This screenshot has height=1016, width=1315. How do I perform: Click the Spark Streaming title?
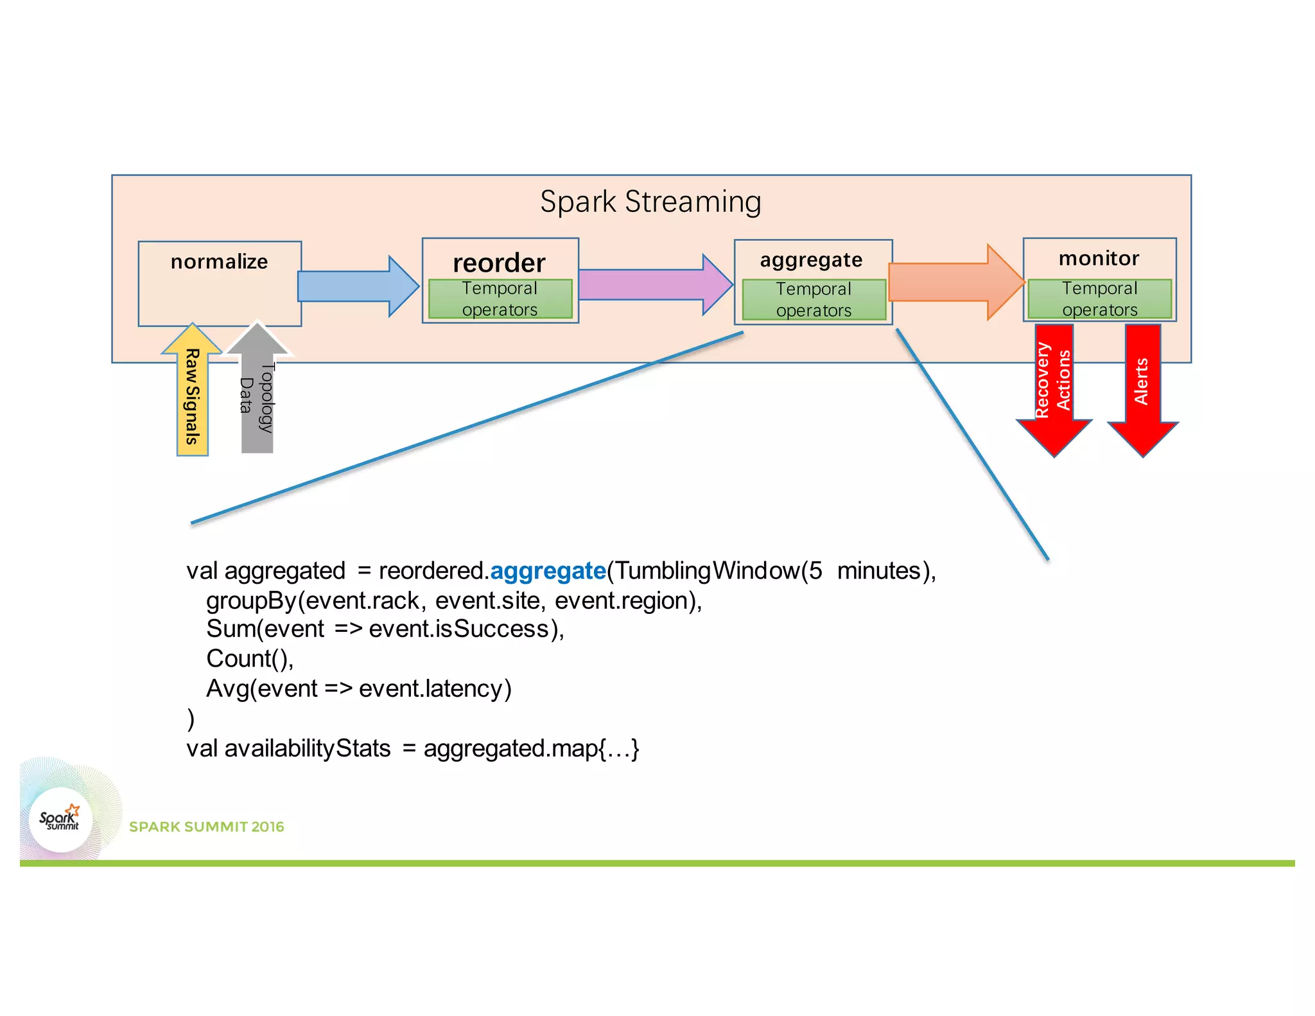pyautogui.click(x=650, y=202)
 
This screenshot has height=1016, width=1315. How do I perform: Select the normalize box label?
pyautogui.click(x=219, y=262)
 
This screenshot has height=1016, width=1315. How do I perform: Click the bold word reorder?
pyautogui.click(x=499, y=263)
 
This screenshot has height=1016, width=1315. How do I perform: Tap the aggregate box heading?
pyautogui.click(x=811, y=260)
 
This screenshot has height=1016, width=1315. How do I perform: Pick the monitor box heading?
pyautogui.click(x=1099, y=258)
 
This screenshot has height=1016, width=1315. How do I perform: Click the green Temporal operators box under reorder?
pyautogui.click(x=500, y=299)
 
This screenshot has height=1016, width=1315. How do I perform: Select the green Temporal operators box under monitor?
pyautogui.click(x=1099, y=299)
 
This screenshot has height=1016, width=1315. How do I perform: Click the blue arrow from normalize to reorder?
pyautogui.click(x=357, y=286)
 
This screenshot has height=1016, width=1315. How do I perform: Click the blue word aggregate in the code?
pyautogui.click(x=548, y=571)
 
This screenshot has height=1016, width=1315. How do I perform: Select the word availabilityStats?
pyautogui.click(x=308, y=749)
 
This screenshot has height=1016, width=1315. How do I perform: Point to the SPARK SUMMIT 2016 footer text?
pyautogui.click(x=206, y=827)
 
